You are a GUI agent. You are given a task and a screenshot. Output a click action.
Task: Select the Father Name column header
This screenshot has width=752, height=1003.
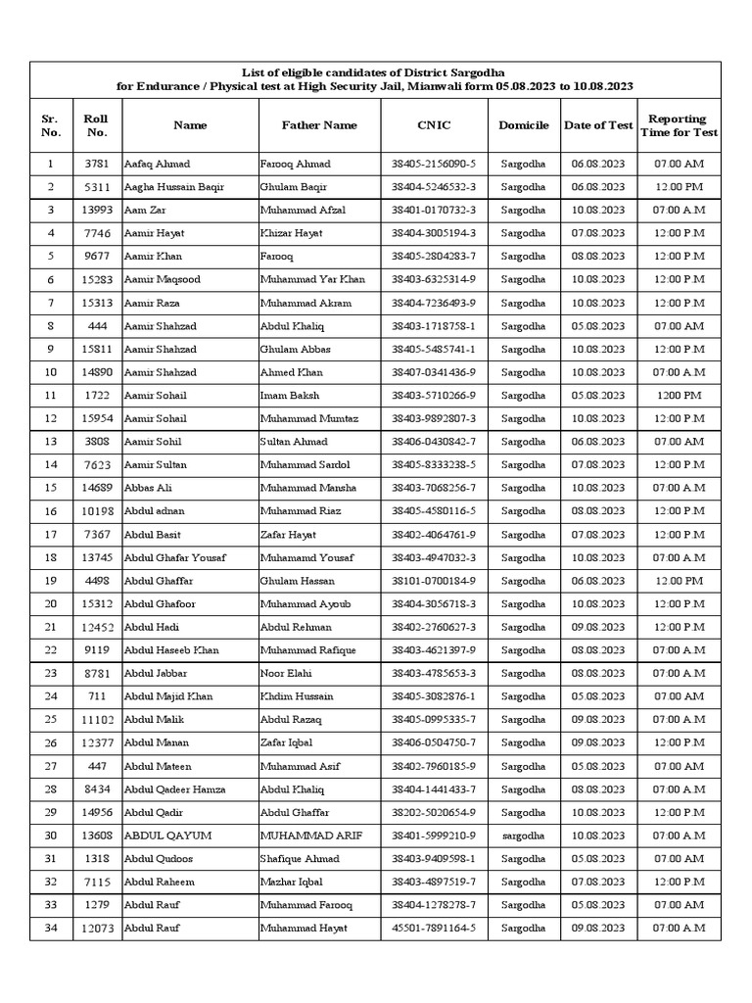(x=319, y=125)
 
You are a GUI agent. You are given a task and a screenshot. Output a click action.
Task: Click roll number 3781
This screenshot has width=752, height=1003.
(x=97, y=164)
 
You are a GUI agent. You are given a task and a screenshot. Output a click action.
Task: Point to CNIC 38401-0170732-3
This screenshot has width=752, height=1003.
(x=433, y=211)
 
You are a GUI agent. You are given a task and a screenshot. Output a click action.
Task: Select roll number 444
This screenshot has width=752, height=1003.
(x=97, y=326)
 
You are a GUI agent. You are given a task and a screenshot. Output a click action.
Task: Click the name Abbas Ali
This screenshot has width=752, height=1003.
(x=148, y=488)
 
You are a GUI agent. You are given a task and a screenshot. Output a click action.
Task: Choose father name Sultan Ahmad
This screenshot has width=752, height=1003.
(x=295, y=442)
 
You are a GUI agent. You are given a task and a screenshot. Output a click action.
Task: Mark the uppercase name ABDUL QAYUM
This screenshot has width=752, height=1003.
(x=168, y=836)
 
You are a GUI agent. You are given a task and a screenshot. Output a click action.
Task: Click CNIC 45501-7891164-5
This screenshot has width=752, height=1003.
(x=433, y=928)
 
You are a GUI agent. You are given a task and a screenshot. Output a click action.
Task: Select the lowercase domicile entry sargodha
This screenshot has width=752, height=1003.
(x=523, y=836)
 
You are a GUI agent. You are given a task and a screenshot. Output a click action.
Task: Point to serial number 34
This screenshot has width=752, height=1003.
(x=51, y=928)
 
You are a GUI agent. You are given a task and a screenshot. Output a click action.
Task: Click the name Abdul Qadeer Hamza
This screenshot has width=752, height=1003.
(x=175, y=789)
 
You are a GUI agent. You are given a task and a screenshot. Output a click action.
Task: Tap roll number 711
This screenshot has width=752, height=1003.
(x=97, y=696)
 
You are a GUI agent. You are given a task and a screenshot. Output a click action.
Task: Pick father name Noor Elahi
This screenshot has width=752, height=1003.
(x=288, y=673)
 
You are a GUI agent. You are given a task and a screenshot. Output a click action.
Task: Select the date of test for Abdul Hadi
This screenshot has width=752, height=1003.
(x=597, y=627)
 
